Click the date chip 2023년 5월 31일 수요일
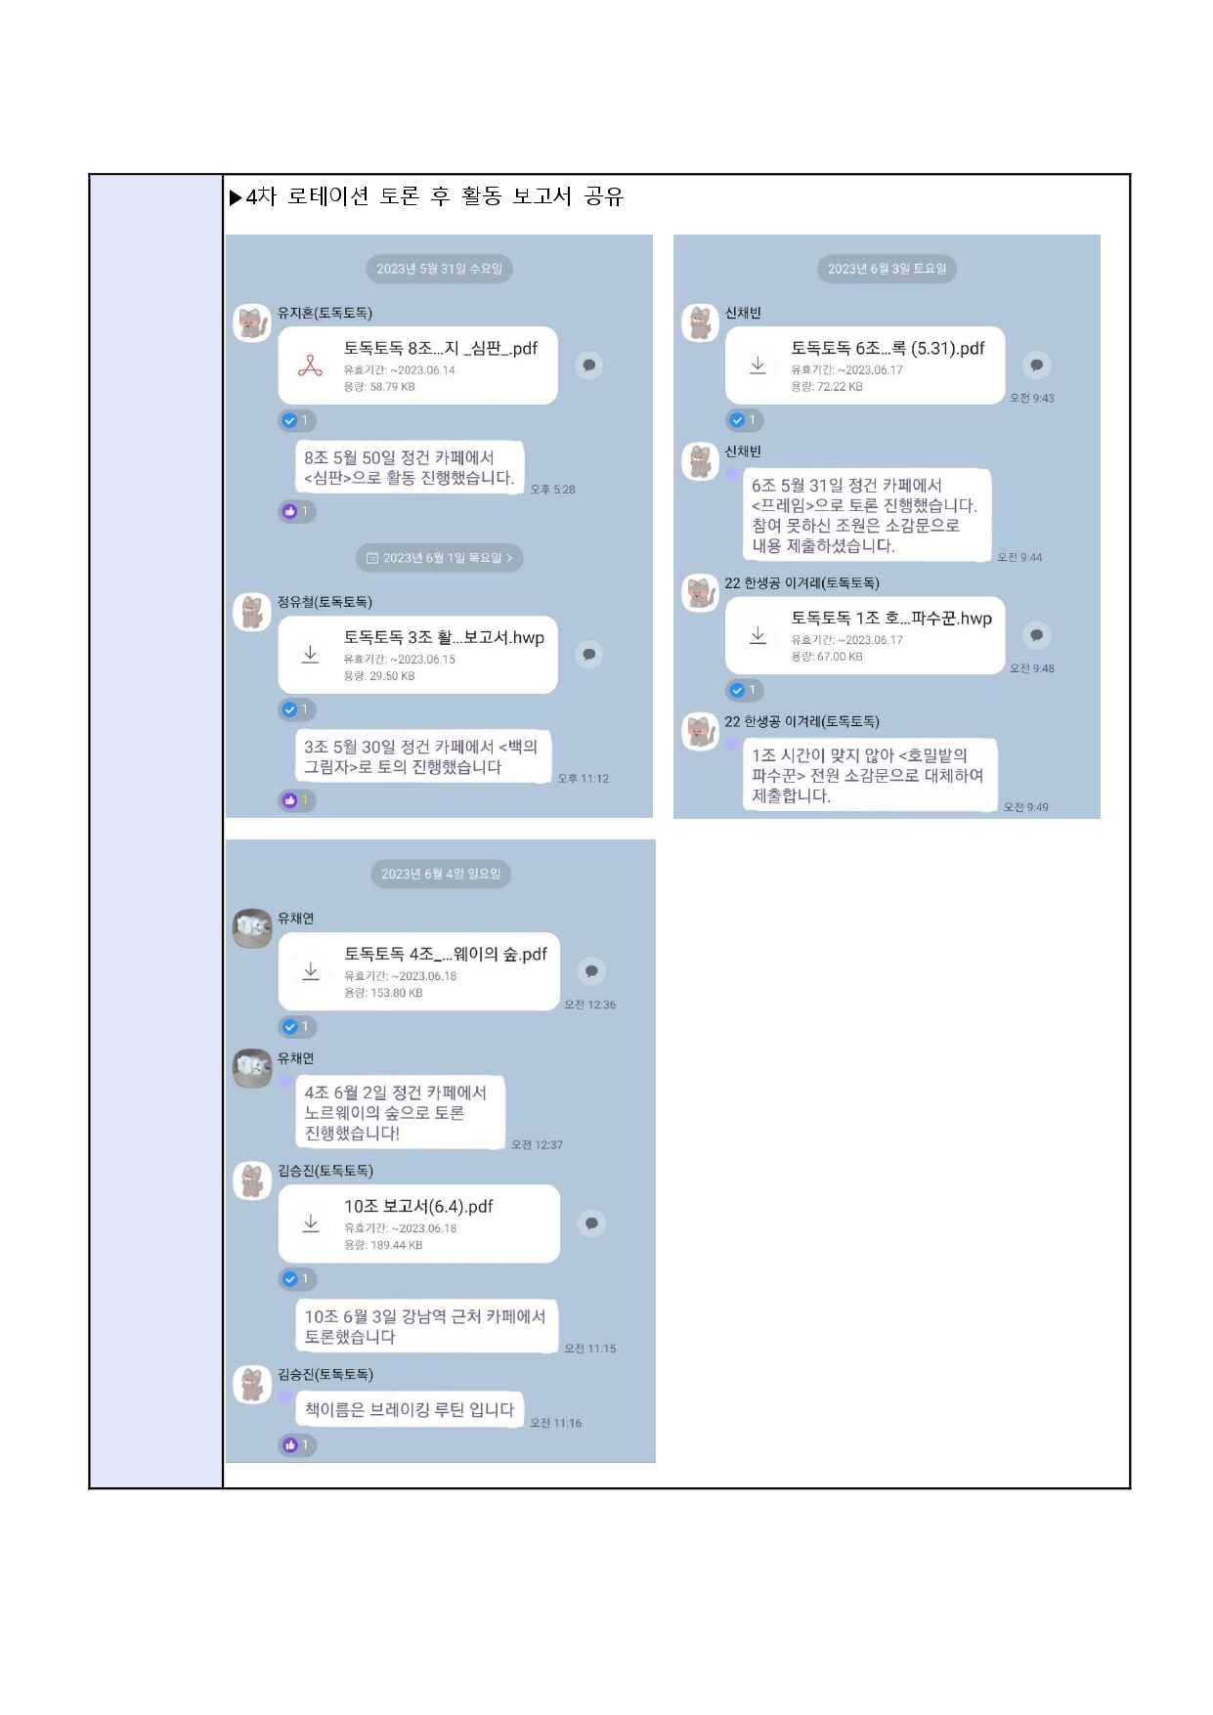click(439, 269)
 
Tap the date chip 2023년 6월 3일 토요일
click(887, 269)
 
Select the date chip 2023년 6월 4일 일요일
click(440, 874)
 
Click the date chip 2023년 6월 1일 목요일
click(439, 558)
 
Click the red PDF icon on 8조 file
click(310, 366)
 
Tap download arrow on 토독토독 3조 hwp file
click(310, 655)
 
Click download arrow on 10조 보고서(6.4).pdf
click(311, 1223)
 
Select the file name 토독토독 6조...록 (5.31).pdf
click(888, 348)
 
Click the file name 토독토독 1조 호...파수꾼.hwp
click(891, 618)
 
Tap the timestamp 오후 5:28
click(552, 490)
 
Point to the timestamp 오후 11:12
click(583, 779)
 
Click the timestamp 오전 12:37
click(537, 1145)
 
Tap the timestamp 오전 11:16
click(555, 1424)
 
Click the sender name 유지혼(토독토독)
click(325, 313)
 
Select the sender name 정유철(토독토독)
click(325, 602)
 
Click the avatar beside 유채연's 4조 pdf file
click(252, 927)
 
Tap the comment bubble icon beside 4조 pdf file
click(591, 971)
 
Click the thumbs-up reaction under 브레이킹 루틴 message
click(297, 1445)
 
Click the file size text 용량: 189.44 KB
click(383, 1245)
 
